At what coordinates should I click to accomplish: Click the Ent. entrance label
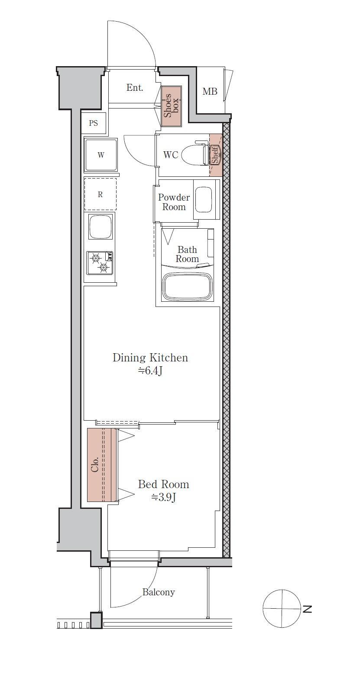click(135, 88)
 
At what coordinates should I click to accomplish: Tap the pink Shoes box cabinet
click(172, 106)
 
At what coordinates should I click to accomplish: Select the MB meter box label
click(210, 92)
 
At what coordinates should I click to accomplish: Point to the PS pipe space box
click(94, 123)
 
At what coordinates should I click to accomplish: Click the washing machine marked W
click(100, 155)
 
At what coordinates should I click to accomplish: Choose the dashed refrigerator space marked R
click(100, 194)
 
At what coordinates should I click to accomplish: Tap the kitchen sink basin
click(100, 226)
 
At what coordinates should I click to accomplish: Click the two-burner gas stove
click(100, 263)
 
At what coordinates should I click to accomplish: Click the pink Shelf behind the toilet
click(216, 155)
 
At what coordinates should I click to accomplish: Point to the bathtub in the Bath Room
click(188, 287)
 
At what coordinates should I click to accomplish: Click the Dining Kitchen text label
click(150, 358)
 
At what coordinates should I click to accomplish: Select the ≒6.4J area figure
click(150, 371)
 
